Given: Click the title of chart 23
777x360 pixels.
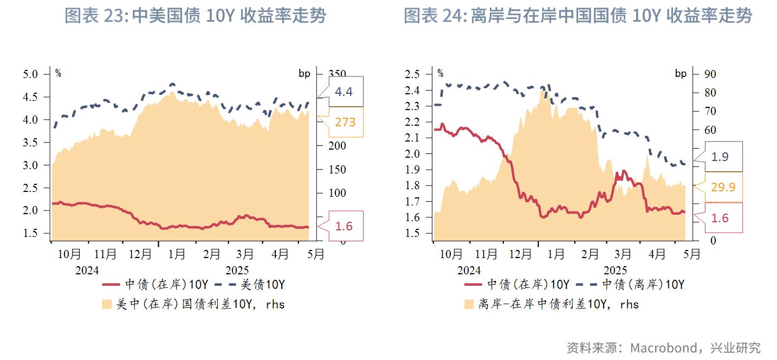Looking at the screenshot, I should [x=195, y=16].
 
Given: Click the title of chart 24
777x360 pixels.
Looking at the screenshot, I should [x=578, y=16].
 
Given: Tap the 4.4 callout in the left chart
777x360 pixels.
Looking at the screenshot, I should [x=344, y=92].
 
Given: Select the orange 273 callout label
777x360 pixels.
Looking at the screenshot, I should [x=345, y=122].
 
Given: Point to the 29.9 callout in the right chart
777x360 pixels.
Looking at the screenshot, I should [x=723, y=187].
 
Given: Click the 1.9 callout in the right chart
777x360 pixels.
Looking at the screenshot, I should [x=720, y=157].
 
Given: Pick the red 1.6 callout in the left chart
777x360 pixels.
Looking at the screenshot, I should [x=344, y=226].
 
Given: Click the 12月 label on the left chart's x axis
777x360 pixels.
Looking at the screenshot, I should [x=140, y=254].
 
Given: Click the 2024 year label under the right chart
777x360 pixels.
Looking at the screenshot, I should [x=469, y=270].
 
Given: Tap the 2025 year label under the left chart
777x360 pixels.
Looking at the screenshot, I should [x=236, y=270].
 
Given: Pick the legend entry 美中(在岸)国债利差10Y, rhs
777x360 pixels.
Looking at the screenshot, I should [x=200, y=304].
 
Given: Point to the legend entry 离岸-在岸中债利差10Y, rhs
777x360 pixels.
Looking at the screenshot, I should [x=559, y=304].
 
